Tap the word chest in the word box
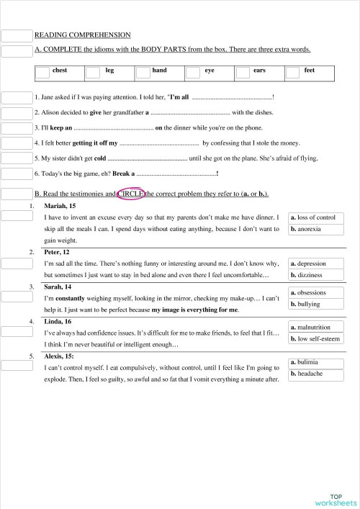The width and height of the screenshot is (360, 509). pos(69,71)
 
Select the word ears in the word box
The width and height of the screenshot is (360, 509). pos(260,71)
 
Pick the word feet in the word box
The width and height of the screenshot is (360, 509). pos(309,71)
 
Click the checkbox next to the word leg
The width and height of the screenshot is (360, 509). pos(93,73)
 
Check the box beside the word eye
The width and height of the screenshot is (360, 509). pos(192,73)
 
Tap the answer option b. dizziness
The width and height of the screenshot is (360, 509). pos(308,276)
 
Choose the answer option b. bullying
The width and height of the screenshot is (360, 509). pos(307,305)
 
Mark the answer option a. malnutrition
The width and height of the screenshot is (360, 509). pos(312,327)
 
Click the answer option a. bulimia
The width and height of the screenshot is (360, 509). pos(307,362)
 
